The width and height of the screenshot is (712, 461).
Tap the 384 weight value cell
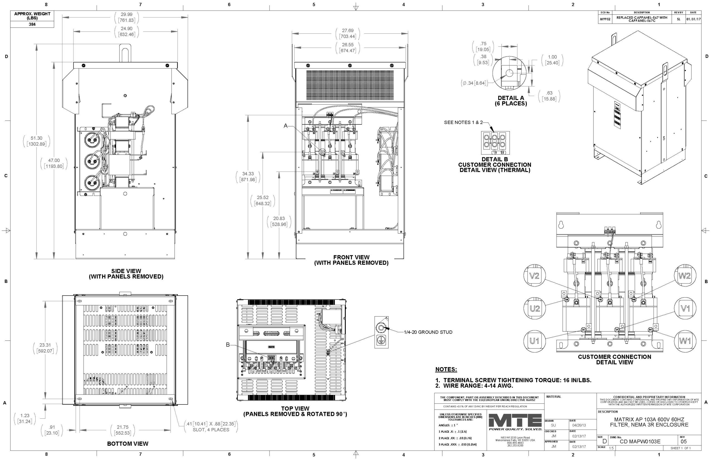pos(32,24)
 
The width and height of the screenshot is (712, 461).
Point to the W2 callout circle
pos(684,276)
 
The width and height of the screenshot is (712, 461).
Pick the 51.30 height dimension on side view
pos(36,141)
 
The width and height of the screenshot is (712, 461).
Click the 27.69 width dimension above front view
pos(348,33)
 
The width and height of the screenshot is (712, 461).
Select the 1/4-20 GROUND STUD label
pos(428,332)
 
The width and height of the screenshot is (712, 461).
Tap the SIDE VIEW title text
pos(126,274)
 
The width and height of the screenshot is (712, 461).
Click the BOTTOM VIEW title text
pos(128,444)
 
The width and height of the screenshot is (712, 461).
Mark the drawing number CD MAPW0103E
pos(640,442)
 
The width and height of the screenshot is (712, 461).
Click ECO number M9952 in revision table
pos(605,19)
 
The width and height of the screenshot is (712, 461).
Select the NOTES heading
pos(446,369)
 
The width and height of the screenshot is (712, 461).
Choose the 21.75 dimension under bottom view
pos(123,430)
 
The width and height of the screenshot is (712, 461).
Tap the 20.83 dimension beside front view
pos(279,221)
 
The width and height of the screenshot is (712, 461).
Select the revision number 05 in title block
pos(684,442)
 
